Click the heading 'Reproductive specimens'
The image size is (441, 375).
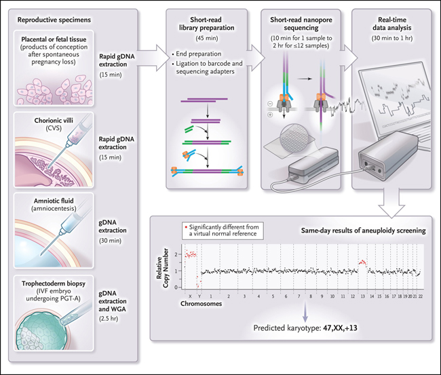(54, 20)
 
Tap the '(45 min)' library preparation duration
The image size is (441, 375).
(207, 38)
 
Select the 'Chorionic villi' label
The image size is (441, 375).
(54, 121)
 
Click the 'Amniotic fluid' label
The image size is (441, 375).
(54, 201)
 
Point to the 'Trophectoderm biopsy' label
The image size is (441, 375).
(54, 283)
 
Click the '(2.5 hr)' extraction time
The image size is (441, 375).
(109, 319)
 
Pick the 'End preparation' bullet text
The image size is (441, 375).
(199, 54)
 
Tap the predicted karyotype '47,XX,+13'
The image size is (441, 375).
(340, 328)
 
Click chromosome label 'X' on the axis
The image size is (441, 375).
(190, 296)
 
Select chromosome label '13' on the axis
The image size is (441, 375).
(362, 296)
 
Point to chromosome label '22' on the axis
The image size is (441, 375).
(420, 296)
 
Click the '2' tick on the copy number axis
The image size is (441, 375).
(176, 254)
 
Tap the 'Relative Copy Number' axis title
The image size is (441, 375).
(163, 268)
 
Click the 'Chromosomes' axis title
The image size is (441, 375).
(201, 304)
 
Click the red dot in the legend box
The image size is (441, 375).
(186, 227)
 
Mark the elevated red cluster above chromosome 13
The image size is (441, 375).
(362, 262)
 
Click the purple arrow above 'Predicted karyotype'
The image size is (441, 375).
(305, 312)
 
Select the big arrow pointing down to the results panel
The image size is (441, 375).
(391, 203)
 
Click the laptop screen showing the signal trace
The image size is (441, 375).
(395, 98)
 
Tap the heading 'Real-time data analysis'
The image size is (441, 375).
(392, 24)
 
